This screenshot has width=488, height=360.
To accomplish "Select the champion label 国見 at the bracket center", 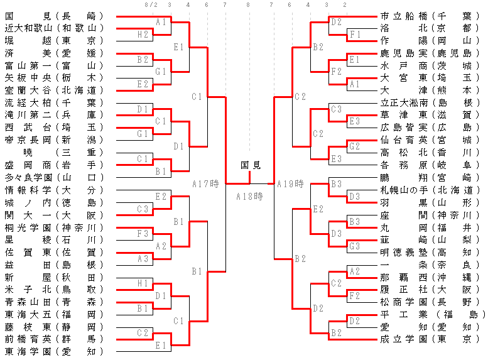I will [x=251, y=165].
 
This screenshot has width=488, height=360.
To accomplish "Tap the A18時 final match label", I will [x=249, y=196].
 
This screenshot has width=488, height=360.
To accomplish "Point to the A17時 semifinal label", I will [x=205, y=184].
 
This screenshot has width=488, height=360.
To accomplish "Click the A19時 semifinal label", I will [x=290, y=184].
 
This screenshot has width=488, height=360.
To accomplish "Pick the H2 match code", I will [x=143, y=34].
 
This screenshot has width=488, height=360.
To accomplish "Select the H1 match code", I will [x=143, y=283].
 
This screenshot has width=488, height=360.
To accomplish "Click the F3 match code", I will [x=143, y=234].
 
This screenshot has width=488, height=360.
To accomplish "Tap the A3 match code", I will [x=143, y=258].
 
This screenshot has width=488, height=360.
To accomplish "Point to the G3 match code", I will [x=354, y=246].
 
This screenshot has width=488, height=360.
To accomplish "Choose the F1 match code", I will [x=354, y=34].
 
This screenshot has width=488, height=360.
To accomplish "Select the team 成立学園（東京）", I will [x=431, y=339].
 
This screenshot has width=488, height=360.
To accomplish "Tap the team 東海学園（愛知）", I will [x=53, y=351].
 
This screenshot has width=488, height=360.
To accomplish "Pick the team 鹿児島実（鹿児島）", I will [x=431, y=53].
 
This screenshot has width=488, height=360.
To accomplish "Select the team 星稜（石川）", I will [x=53, y=239].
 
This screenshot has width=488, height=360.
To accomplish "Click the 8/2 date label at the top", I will [x=151, y=5].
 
